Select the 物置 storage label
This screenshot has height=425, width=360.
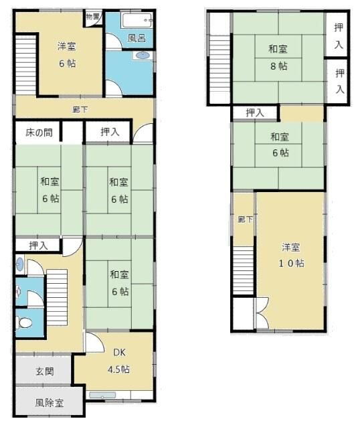click(x=93, y=16)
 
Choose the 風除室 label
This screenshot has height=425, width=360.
click(x=49, y=404)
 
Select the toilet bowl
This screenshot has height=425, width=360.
click(x=25, y=323)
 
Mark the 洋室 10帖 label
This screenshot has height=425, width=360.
click(x=292, y=255)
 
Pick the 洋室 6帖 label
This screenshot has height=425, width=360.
click(x=66, y=54)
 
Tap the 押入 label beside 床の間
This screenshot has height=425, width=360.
click(x=110, y=132)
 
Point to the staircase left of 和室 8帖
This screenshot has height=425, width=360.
click(x=219, y=56)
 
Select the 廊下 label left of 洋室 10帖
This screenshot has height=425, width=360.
click(x=244, y=219)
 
